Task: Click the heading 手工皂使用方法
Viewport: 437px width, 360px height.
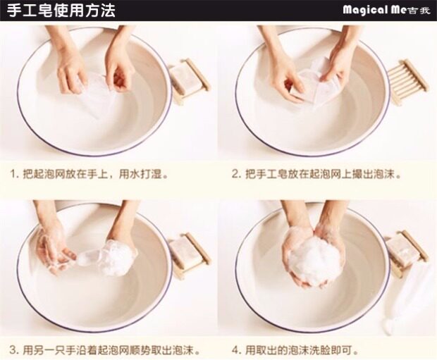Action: (x=61, y=11)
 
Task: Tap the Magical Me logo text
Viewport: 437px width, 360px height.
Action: (x=386, y=11)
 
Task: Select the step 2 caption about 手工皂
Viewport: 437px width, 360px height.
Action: (x=317, y=175)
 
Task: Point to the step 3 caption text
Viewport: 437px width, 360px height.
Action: (x=105, y=349)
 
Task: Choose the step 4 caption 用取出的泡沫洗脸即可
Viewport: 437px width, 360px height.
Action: (x=296, y=349)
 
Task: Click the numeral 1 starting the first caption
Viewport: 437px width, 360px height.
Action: (x=12, y=175)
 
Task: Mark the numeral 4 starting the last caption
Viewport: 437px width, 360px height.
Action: (x=235, y=350)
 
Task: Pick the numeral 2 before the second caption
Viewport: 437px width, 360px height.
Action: (x=235, y=175)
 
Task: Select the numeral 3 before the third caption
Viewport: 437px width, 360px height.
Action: (x=13, y=350)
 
